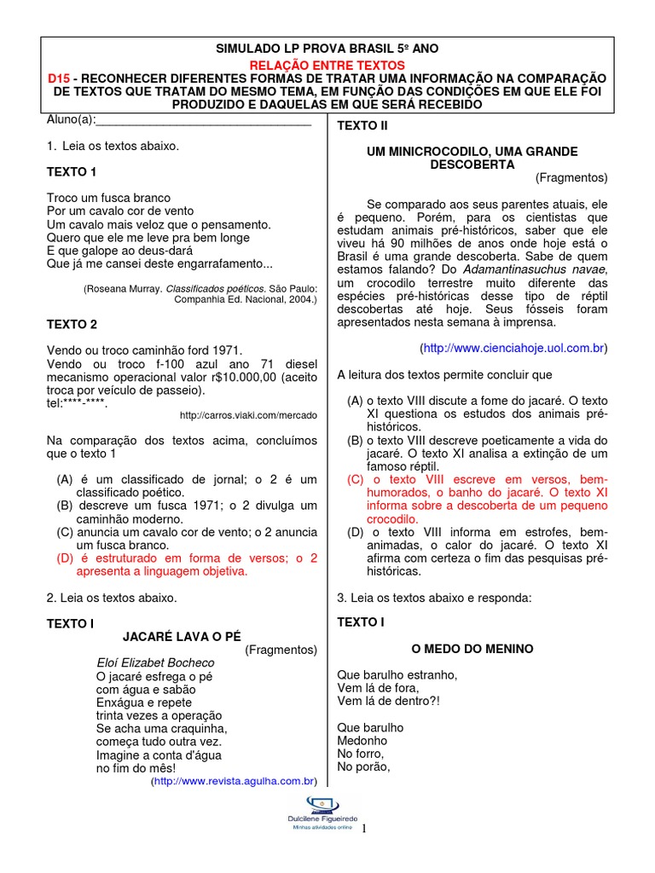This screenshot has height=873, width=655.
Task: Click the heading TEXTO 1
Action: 72,172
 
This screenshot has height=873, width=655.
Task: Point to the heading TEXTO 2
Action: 72,325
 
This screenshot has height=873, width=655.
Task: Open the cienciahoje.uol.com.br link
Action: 513,349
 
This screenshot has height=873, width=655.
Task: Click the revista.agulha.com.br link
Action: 234,780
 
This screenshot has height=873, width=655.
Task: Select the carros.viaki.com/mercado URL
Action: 248,415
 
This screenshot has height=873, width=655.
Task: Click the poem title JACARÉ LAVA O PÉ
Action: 183,636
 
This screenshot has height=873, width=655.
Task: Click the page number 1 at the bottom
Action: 364,828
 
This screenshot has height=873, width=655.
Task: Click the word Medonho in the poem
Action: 362,741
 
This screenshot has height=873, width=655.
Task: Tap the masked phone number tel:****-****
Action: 78,403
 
